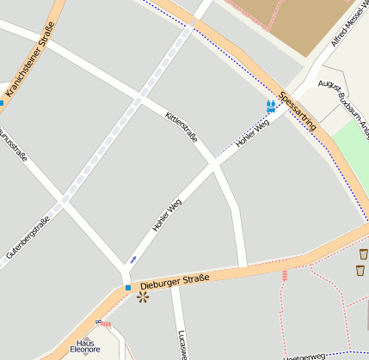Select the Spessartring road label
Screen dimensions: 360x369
[298, 111]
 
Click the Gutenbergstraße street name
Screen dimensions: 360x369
[28, 237]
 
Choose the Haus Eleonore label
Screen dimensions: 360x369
[85, 345]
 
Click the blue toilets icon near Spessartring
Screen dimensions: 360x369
[271, 106]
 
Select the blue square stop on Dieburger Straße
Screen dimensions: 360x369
[127, 287]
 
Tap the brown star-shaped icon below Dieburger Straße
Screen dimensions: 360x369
[142, 296]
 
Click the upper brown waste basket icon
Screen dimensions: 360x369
[363, 254]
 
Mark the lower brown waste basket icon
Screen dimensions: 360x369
[360, 271]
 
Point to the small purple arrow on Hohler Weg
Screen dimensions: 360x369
[132, 259]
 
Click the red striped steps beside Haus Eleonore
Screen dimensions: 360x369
[106, 325]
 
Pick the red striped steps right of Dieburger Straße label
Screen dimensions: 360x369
[284, 275]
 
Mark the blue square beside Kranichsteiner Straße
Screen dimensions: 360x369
[2, 103]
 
